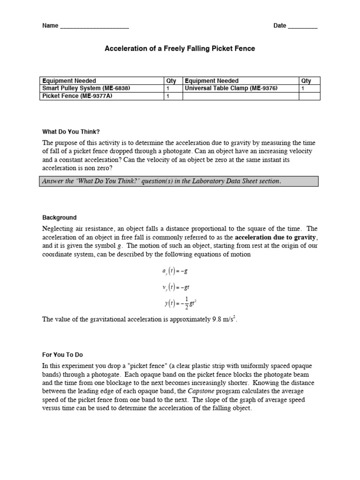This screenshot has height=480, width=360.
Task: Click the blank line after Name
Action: coord(94,26)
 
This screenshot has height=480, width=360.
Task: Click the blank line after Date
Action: coord(302,26)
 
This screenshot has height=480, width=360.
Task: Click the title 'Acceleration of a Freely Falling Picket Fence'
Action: coord(180,49)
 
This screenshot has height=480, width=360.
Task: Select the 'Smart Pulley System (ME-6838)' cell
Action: coord(86,88)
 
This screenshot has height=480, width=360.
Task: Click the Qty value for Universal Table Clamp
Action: coord(303,88)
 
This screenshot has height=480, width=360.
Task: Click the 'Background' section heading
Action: coord(60,218)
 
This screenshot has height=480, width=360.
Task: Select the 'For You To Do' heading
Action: coord(62,355)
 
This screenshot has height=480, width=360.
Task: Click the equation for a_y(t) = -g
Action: coord(173,271)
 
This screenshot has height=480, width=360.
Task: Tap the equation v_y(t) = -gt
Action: coord(174,287)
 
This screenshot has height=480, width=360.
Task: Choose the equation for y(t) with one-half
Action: coord(180,303)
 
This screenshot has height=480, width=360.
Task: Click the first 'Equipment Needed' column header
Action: coord(69,81)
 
